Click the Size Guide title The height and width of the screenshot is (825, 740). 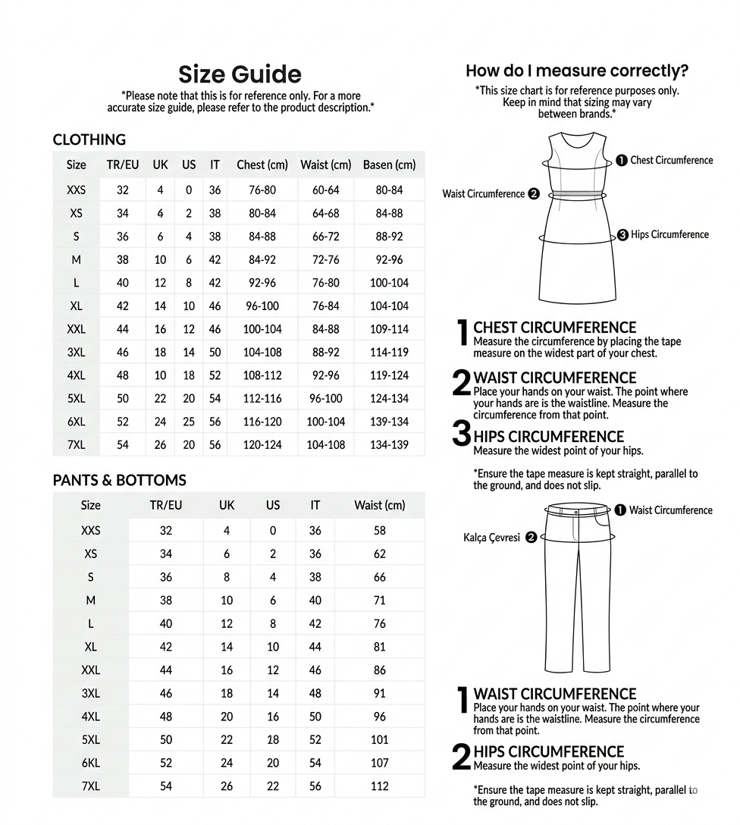pos(240,74)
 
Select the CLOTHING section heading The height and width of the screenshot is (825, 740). pos(89,140)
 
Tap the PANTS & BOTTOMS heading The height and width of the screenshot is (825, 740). pos(119,480)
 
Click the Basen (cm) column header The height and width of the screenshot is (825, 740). pos(389,165)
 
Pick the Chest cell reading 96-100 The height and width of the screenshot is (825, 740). pos(262,306)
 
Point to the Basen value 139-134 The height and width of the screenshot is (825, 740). pos(389,422)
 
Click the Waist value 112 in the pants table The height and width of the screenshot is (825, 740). pos(379,786)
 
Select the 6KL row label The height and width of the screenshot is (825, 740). pos(90,763)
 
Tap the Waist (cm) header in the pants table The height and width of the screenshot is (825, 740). pos(379,505)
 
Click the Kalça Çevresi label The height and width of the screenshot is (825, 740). pos(491,538)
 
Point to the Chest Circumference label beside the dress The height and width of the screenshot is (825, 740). pos(671,160)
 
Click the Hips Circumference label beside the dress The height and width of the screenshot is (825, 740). pos(669,234)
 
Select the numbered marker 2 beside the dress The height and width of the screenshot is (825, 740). pos(534,194)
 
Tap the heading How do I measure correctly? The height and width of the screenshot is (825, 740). pos(577,71)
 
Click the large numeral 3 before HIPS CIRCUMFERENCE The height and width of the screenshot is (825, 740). pos(461,434)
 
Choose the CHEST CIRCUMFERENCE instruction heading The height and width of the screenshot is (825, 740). pos(554,328)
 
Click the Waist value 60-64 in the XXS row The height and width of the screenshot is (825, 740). pos(325,190)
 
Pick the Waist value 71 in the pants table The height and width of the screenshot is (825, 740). pos(379,601)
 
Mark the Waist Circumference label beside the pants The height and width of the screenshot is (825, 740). pos(670,510)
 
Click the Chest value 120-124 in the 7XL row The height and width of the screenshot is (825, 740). pos(262,445)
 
